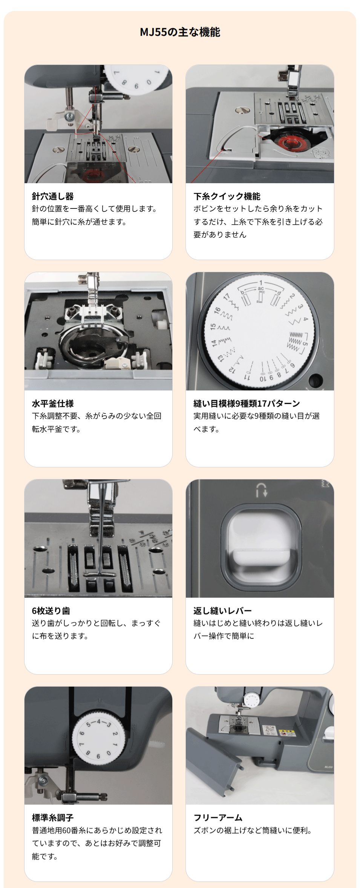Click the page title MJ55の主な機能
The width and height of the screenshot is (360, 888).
click(x=180, y=32)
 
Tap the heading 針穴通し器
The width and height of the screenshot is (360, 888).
click(x=53, y=196)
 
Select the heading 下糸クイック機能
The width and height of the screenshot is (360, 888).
click(x=227, y=196)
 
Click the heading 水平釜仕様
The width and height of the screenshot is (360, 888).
click(x=53, y=403)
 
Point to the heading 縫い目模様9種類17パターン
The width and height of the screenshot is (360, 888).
click(x=247, y=403)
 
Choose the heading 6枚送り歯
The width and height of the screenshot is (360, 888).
click(x=51, y=611)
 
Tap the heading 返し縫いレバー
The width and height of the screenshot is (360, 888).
click(x=222, y=611)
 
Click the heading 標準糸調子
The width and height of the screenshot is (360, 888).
click(x=53, y=818)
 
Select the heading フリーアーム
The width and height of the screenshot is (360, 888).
click(x=218, y=818)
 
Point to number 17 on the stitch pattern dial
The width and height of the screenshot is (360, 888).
click(x=227, y=297)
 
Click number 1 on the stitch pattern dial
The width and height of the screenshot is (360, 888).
click(x=260, y=283)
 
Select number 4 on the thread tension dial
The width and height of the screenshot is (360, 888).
click(x=99, y=721)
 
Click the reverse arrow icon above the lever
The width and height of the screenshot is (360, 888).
click(x=262, y=490)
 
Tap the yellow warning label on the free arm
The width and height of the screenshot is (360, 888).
click(x=287, y=732)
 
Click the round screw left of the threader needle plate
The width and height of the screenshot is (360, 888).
click(x=58, y=150)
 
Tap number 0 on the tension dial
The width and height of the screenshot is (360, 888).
click(x=109, y=753)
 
